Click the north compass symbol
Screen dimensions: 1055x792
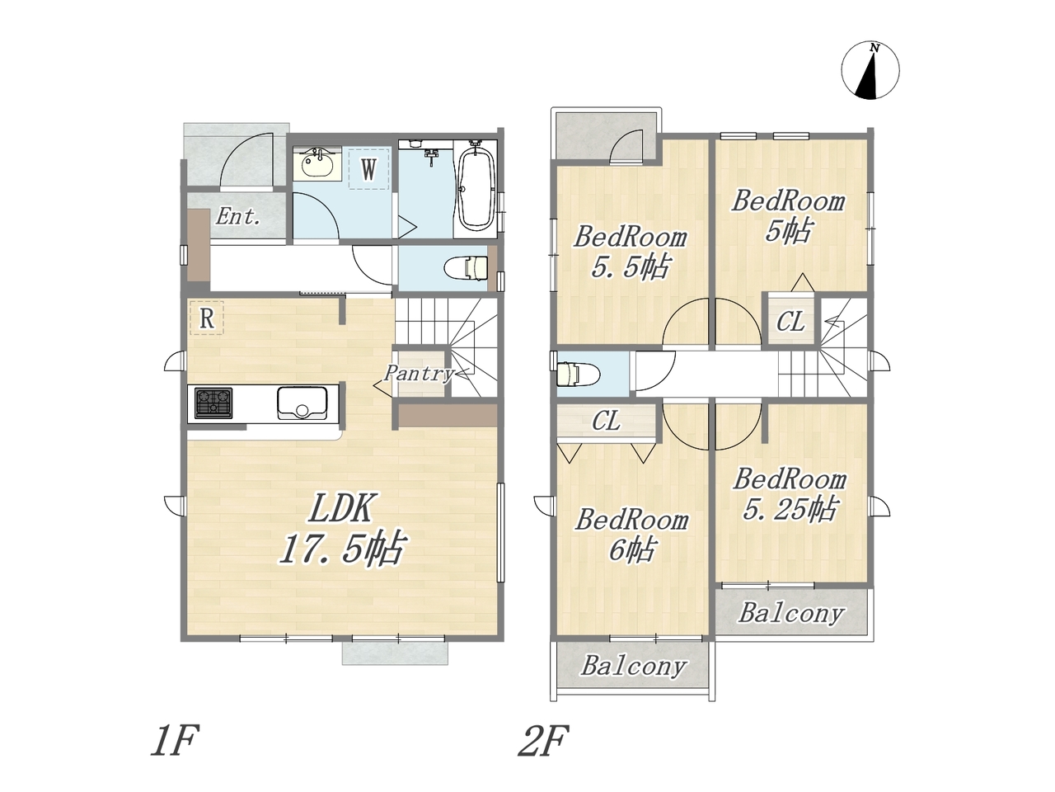[x=870, y=70]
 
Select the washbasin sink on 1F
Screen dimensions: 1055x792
[x=317, y=164]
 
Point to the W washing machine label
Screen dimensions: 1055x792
[x=368, y=169]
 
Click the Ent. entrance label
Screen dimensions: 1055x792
[x=238, y=216]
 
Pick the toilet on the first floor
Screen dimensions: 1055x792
[x=467, y=268]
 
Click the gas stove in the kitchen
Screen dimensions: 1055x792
[x=213, y=403]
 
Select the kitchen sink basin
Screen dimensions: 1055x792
[x=302, y=403]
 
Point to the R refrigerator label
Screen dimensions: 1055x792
[x=207, y=318]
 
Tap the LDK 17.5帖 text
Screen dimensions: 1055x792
[x=341, y=529]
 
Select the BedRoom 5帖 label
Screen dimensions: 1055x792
[x=788, y=215]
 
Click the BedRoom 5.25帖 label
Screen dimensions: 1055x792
[x=790, y=494]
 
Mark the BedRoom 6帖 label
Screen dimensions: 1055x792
[x=631, y=535]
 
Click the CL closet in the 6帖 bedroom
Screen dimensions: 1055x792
[x=606, y=422]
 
